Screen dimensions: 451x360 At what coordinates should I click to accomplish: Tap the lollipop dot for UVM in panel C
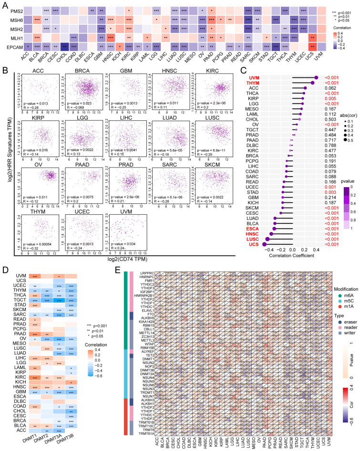click(316, 77)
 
